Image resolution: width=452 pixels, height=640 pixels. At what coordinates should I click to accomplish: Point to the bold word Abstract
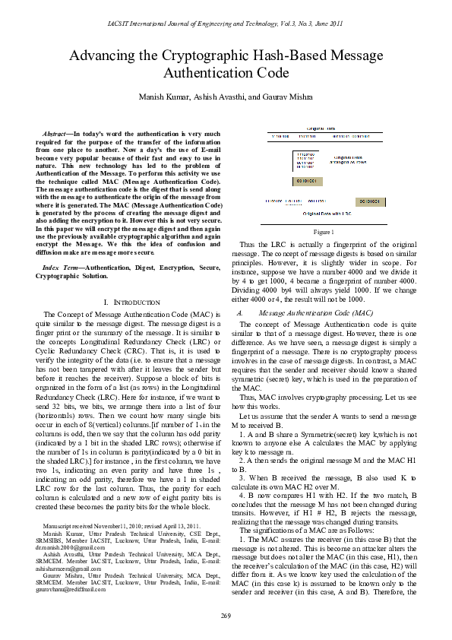point(55,133)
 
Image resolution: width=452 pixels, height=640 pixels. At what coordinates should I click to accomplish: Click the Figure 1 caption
point(324,230)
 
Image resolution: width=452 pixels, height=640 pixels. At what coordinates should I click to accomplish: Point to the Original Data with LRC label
point(323,214)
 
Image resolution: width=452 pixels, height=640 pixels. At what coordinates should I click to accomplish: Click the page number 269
point(226,614)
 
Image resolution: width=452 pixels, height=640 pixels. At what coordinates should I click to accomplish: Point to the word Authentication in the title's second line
point(201,74)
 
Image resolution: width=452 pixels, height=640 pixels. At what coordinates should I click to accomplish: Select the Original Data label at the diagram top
point(323,129)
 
